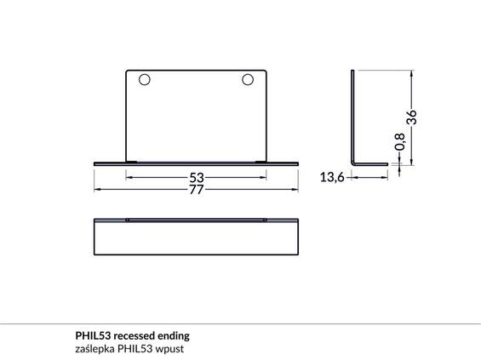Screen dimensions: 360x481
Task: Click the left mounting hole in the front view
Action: click(144, 80)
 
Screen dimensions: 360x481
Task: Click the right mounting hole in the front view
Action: click(248, 80)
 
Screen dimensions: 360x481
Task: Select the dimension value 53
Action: click(197, 178)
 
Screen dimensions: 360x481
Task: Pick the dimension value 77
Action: click(197, 190)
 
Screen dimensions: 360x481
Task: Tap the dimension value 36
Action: click(412, 118)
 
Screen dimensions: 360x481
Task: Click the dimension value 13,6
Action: click(332, 177)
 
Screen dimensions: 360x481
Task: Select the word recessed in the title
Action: click(139, 336)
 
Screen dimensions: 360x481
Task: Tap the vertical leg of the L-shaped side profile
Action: click(352, 115)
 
